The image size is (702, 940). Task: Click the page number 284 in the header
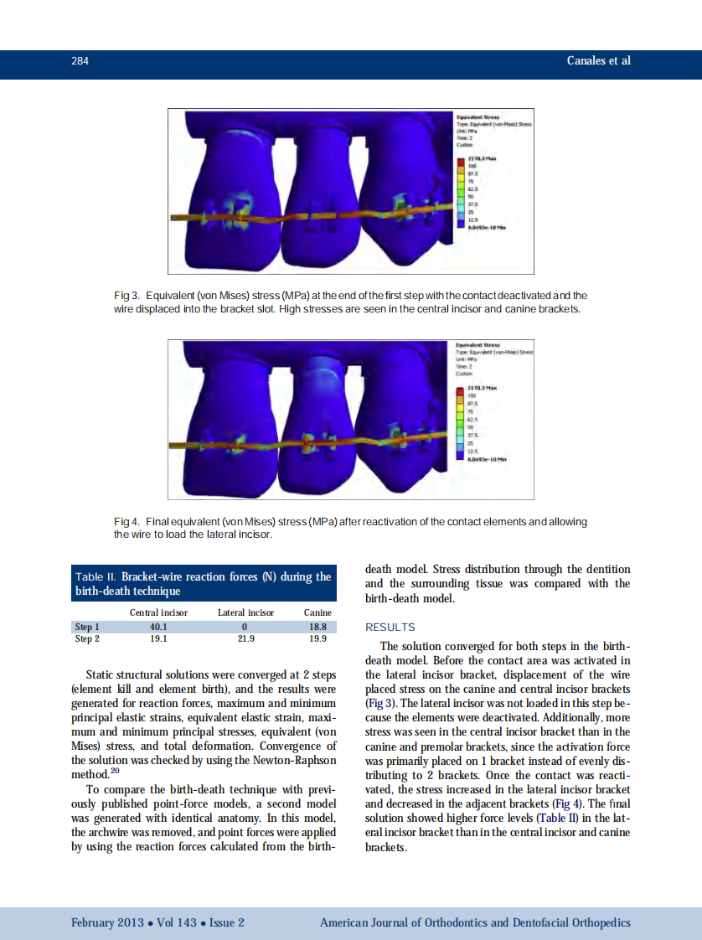click(x=80, y=60)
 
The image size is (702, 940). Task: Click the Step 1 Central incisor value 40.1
click(x=158, y=626)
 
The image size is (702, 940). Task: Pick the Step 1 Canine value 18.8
click(x=317, y=626)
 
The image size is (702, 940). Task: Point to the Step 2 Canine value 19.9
click(x=317, y=638)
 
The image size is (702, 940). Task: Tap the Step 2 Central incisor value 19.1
click(x=158, y=638)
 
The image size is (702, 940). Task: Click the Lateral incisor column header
click(x=245, y=612)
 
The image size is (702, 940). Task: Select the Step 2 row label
click(x=87, y=638)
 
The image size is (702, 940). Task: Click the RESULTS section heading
click(x=390, y=627)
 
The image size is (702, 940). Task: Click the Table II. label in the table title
click(x=96, y=577)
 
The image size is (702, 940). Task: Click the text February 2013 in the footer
click(x=107, y=922)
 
